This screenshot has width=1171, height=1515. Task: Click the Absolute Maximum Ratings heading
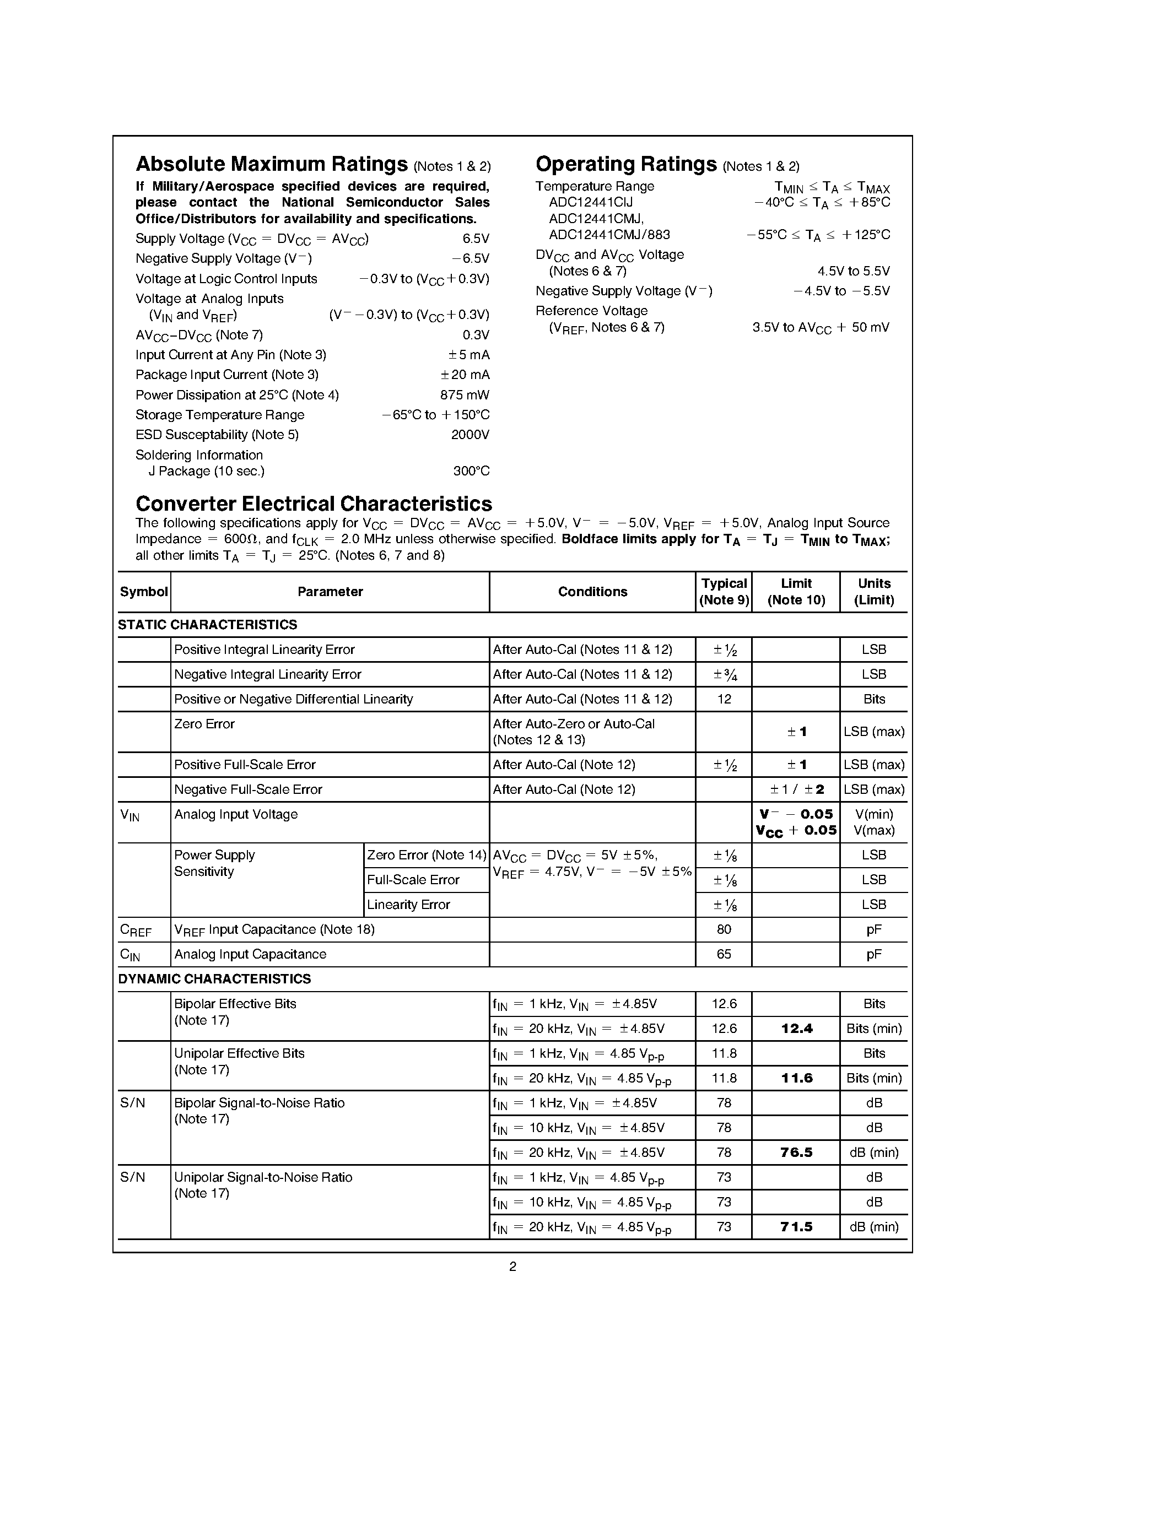click(x=271, y=164)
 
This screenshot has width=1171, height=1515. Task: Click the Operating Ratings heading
click(x=626, y=164)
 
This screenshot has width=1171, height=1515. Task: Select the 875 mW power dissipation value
click(x=464, y=394)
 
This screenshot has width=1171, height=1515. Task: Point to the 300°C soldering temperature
click(x=471, y=471)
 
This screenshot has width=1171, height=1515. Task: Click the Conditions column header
click(x=592, y=592)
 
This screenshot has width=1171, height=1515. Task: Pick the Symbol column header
click(x=144, y=592)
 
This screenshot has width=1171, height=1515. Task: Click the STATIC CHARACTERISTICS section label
click(x=207, y=624)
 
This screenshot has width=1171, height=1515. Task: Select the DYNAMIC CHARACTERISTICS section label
click(x=214, y=979)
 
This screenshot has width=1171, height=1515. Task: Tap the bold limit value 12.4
click(x=796, y=1029)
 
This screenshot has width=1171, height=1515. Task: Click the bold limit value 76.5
click(x=796, y=1152)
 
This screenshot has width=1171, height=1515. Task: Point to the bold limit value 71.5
click(x=796, y=1226)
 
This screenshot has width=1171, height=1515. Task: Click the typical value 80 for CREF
click(x=724, y=929)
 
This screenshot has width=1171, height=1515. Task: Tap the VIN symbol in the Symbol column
click(x=129, y=815)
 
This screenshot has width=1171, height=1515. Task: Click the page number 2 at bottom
click(x=512, y=1267)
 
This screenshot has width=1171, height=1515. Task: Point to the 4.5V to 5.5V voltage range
click(x=853, y=271)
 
